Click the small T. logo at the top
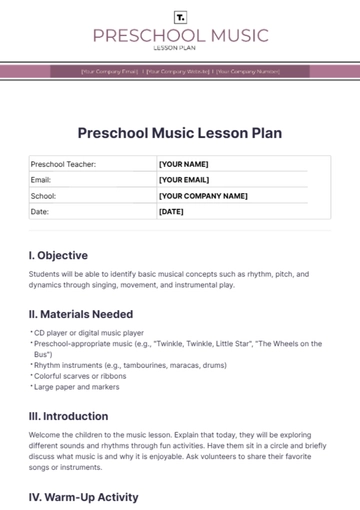pos(180,17)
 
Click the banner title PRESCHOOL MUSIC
pos(180,36)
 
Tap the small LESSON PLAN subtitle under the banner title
pos(180,48)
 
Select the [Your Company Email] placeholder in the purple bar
pos(110,71)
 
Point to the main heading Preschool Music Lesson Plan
pos(180,132)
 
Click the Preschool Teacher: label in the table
pos(63,164)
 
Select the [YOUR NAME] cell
pos(183,164)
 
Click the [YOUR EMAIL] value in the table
pos(185,180)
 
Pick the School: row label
pos(44,196)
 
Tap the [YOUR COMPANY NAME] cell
pos(203,196)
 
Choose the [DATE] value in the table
pos(171,212)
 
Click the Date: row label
pos(40,212)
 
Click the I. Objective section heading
pos(58,255)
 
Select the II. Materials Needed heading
pos(80,314)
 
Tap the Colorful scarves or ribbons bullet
pos(82,376)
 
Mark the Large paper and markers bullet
pos(78,387)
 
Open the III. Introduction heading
pos(68,416)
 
